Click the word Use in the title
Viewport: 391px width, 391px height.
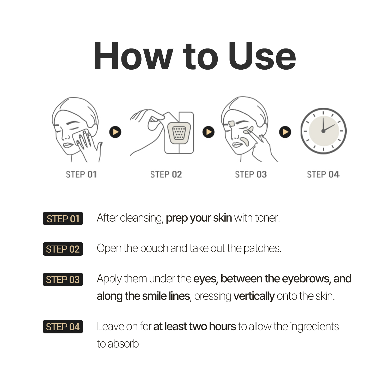tap(262, 56)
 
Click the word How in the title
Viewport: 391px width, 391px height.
tap(133, 56)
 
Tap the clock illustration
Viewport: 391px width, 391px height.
tap(323, 131)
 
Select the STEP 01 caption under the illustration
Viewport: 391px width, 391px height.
tap(81, 174)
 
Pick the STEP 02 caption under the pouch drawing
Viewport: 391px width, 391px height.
tap(166, 174)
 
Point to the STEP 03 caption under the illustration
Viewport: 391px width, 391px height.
tap(251, 174)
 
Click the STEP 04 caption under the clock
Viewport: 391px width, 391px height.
tap(323, 174)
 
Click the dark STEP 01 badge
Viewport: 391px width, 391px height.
tap(63, 218)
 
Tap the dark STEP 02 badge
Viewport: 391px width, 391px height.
tap(63, 249)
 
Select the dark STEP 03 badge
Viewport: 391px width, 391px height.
tap(63, 279)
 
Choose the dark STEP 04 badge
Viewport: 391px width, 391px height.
tap(63, 327)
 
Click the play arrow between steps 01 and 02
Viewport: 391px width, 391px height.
tap(115, 132)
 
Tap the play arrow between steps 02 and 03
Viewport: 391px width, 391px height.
tap(209, 132)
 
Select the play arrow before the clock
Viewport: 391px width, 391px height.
tap(285, 132)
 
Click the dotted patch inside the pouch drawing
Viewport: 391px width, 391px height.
tap(179, 133)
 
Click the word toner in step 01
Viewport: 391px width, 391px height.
tap(267, 218)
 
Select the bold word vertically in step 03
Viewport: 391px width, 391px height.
tap(254, 296)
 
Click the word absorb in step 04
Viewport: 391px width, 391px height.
tap(123, 344)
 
